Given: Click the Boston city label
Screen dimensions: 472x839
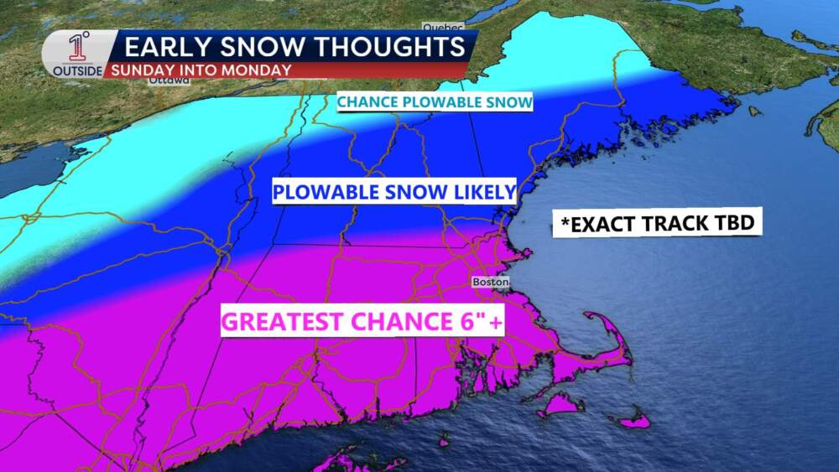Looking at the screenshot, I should point(491,283).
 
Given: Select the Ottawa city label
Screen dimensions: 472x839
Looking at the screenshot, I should point(168,81).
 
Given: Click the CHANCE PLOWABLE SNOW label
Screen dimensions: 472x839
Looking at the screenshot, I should point(435,102).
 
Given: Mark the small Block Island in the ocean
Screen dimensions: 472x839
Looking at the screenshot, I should point(443,438).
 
